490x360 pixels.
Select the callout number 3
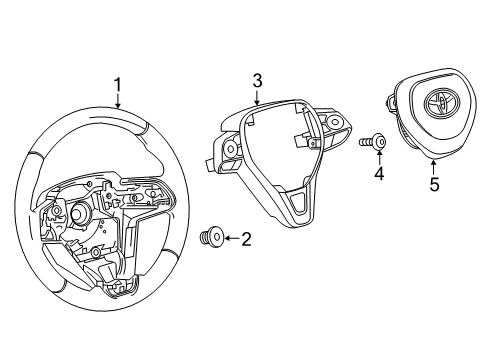pos(257,80)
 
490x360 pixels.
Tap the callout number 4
pos(377,174)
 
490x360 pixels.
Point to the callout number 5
pos(433,185)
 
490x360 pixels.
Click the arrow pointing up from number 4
pos(377,159)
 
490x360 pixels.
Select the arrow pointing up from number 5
pos(433,168)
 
